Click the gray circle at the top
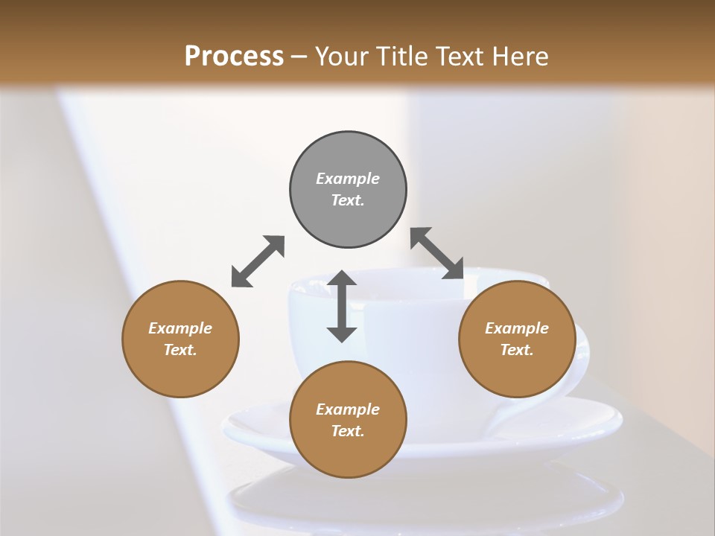click(348, 156)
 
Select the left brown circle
click(180, 372)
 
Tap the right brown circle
click(517, 372)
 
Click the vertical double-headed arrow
click(342, 306)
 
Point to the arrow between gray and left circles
click(258, 261)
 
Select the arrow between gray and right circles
click(437, 254)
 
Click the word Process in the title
click(234, 56)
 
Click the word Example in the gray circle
click(348, 179)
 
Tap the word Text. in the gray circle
click(348, 200)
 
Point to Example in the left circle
click(180, 328)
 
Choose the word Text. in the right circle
click(517, 350)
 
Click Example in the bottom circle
click(348, 409)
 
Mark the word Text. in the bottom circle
click(348, 431)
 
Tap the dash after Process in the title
click(299, 57)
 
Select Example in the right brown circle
click(517, 328)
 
